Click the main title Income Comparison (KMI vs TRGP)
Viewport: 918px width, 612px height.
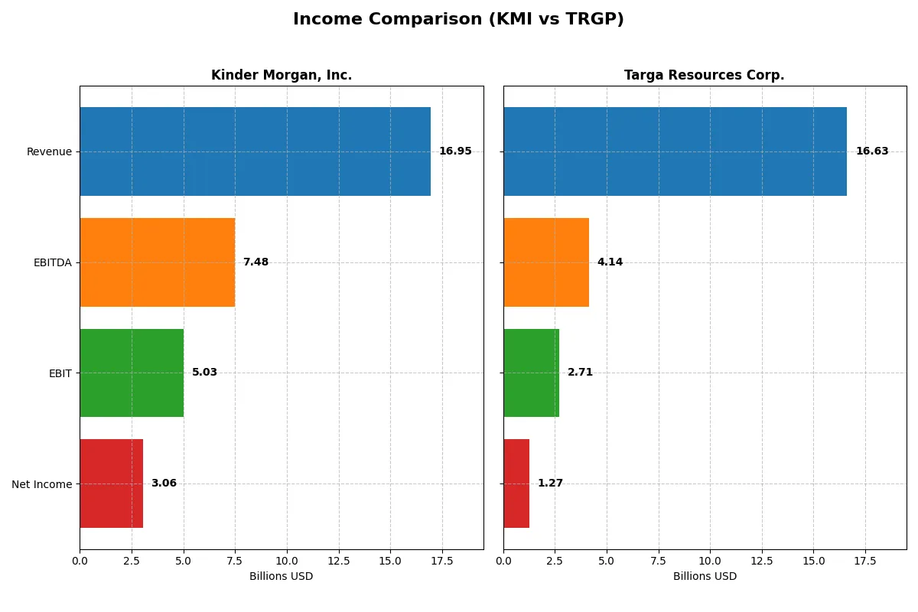458,19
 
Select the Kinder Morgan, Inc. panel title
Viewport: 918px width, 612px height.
282,75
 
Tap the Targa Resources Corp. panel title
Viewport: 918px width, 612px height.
704,75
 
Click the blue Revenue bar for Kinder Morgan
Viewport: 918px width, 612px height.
255,151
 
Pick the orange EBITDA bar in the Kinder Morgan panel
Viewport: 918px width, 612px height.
157,262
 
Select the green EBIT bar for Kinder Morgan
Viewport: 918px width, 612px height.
132,373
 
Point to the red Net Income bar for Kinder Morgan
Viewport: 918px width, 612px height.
111,483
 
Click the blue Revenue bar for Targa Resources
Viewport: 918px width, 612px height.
675,151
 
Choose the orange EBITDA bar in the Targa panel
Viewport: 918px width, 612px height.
546,262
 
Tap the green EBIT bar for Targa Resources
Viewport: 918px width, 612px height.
531,373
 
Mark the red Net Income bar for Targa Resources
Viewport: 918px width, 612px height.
516,483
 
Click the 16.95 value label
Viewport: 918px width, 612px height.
455,151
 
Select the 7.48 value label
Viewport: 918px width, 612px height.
256,262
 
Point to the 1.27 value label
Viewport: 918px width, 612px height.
550,483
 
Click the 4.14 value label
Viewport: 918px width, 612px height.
610,262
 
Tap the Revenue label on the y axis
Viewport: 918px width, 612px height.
49,151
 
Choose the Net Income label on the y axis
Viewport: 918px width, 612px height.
42,484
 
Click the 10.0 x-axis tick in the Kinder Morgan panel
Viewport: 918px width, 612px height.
287,561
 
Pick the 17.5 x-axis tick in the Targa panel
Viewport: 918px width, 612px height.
865,561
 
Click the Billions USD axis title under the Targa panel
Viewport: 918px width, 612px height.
705,576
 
